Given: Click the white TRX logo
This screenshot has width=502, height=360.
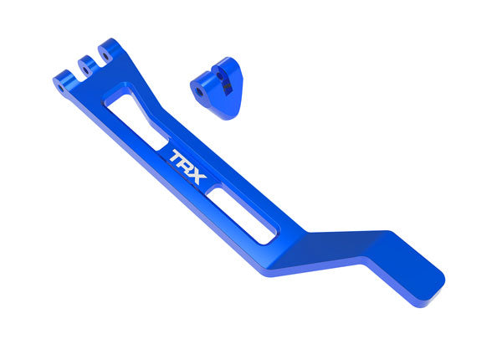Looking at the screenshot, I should (x=185, y=159).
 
